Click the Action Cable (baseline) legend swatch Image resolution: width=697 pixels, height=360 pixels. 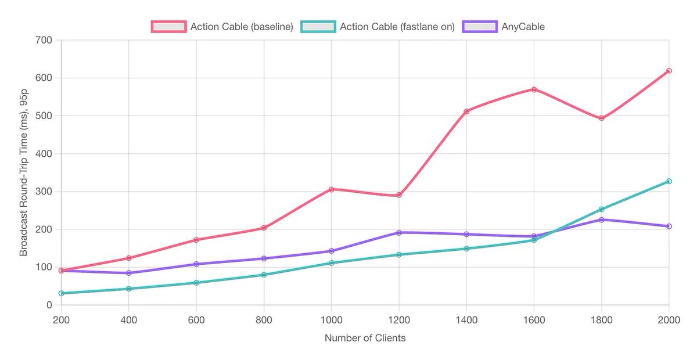169,26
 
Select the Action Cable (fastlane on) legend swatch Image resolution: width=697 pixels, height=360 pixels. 318,26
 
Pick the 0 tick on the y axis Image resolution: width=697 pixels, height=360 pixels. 49,305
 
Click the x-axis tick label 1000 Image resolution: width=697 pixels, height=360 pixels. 331,319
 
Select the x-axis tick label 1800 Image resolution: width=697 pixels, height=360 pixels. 602,319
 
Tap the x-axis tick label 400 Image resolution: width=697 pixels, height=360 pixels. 128,319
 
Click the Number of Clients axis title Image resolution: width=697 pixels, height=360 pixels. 365,338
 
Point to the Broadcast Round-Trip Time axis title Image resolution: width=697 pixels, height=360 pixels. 24,172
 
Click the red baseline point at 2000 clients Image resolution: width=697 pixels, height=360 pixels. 669,71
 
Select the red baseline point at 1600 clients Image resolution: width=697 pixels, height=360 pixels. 534,89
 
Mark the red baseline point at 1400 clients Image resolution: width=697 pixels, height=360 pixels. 466,111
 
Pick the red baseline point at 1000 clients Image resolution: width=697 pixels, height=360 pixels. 331,189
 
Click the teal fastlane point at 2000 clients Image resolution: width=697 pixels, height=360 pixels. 669,181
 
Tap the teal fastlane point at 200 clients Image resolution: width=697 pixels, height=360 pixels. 61,293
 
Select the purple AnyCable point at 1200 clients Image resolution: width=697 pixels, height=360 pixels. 398,233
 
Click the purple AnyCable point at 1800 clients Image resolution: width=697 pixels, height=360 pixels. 602,219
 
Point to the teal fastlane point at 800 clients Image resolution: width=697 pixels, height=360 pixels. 264,275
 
